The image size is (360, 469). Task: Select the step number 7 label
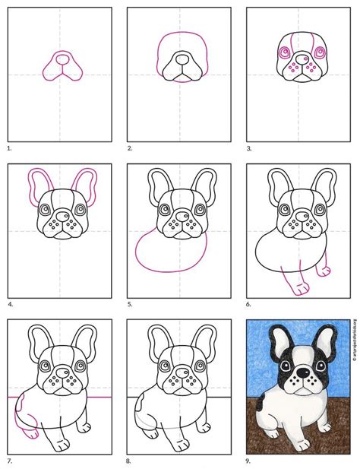[x=10, y=459]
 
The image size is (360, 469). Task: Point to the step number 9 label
[x=251, y=459]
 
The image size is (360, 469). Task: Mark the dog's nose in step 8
[x=179, y=370]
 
